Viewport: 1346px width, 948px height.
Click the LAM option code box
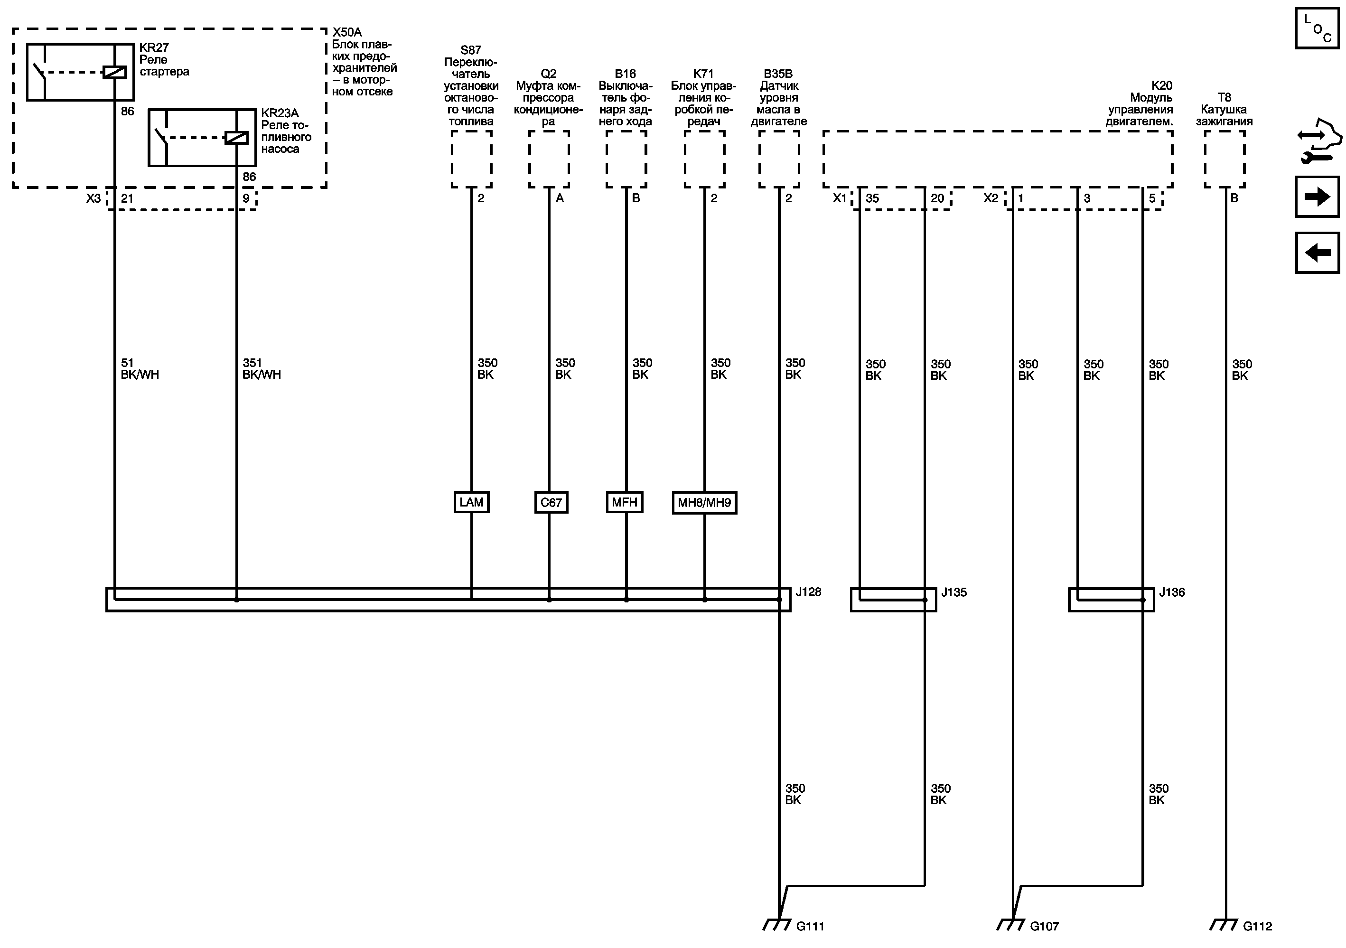click(x=471, y=502)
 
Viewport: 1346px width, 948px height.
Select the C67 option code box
click(x=551, y=502)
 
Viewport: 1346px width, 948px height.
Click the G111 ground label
click(x=810, y=926)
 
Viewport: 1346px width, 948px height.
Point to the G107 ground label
click(x=1044, y=926)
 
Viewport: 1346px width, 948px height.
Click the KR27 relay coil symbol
click(x=114, y=73)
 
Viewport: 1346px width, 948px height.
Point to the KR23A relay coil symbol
click(x=236, y=138)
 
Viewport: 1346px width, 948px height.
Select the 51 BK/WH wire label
click(x=140, y=369)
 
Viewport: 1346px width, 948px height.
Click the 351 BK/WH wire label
click(x=262, y=369)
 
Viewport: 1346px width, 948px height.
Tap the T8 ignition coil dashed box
click(x=1224, y=159)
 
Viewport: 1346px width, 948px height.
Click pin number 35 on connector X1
click(x=872, y=199)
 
